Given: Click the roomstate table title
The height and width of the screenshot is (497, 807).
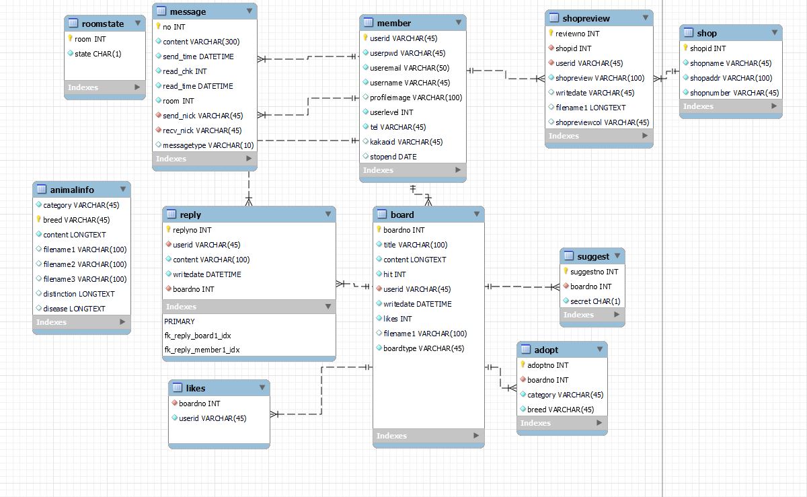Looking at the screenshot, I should pyautogui.click(x=102, y=24).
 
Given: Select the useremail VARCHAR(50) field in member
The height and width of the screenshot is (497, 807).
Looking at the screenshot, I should pyautogui.click(x=409, y=68).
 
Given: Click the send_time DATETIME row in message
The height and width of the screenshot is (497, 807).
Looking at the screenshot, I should pyautogui.click(x=198, y=56).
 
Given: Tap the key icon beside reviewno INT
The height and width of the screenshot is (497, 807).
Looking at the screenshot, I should pyautogui.click(x=551, y=34).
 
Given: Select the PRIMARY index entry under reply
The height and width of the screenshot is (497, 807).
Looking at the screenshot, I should pyautogui.click(x=179, y=321).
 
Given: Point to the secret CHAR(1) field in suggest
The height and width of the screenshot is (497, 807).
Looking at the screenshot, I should pyautogui.click(x=594, y=301).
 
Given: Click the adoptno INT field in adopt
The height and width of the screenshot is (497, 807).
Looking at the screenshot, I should pyautogui.click(x=547, y=365).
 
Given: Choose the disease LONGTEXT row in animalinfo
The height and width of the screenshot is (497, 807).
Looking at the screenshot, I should pyautogui.click(x=74, y=309).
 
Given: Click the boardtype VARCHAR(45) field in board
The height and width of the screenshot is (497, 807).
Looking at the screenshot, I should pyautogui.click(x=424, y=348).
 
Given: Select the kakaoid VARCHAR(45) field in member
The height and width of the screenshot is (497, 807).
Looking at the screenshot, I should pyautogui.click(x=406, y=142).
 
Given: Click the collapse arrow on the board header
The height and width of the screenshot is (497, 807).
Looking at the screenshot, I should pyautogui.click(x=477, y=215).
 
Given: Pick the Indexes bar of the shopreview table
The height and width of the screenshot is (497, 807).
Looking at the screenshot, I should pyautogui.click(x=598, y=136).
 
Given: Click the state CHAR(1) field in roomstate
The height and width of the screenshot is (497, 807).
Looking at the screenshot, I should pyautogui.click(x=98, y=54).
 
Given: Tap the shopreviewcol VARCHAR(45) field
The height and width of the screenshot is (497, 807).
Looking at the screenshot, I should pyautogui.click(x=602, y=122).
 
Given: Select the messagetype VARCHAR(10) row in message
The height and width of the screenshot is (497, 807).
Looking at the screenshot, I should pyautogui.click(x=208, y=145).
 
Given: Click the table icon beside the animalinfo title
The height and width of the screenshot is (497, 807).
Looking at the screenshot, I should pyautogui.click(x=42, y=190).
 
